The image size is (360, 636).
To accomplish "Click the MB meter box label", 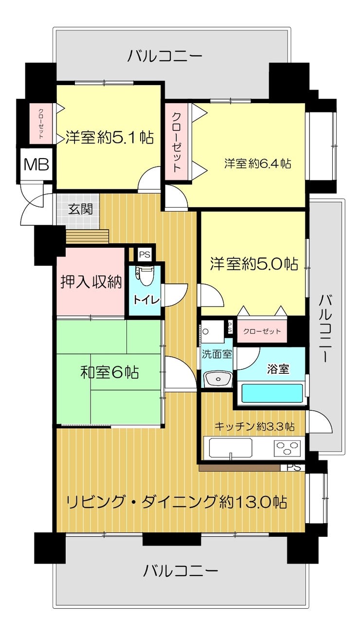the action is [36, 164].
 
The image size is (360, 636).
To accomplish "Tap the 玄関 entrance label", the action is [81, 210].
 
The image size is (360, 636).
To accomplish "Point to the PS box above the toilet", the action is [144, 254].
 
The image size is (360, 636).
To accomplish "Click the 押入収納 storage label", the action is [91, 282].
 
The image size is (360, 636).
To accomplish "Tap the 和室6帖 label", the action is [109, 372].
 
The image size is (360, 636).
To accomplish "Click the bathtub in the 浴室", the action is [272, 393].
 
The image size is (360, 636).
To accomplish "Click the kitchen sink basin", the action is [231, 448].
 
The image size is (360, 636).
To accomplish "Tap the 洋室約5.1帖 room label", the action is [109, 138].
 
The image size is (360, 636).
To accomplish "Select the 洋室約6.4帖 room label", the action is [258, 164].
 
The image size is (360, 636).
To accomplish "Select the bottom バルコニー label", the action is [180, 570].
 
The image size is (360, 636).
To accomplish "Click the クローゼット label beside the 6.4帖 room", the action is [176, 142].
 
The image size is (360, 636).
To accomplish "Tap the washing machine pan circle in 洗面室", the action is [206, 331].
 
